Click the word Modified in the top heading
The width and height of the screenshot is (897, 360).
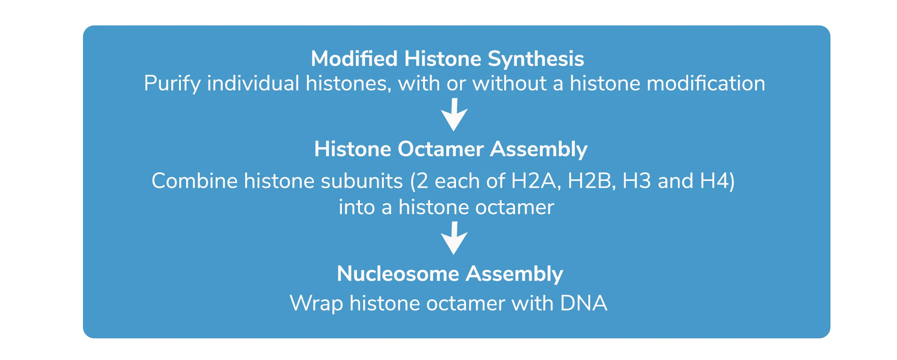pyautogui.click(x=354, y=59)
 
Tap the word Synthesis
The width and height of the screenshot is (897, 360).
pyautogui.click(x=536, y=59)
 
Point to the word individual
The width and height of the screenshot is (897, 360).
pyautogui.click(x=253, y=83)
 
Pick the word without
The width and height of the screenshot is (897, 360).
pyautogui.click(x=510, y=83)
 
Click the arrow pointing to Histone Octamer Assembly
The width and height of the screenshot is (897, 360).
pyautogui.click(x=454, y=115)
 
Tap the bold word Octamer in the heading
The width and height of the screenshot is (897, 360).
pyautogui.click(x=441, y=149)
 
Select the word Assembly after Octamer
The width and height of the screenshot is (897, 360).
pyautogui.click(x=539, y=150)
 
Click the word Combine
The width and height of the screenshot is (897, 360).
pyautogui.click(x=194, y=181)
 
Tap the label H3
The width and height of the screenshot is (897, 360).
pyautogui.click(x=637, y=181)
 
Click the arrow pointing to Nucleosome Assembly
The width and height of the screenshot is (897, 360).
pyautogui.click(x=454, y=238)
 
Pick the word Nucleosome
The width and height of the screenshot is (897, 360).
pyautogui.click(x=398, y=274)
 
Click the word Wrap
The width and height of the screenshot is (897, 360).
pyautogui.click(x=316, y=304)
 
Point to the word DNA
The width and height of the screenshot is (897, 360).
pyautogui.click(x=584, y=303)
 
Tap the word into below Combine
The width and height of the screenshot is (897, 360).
pyautogui.click(x=357, y=207)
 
